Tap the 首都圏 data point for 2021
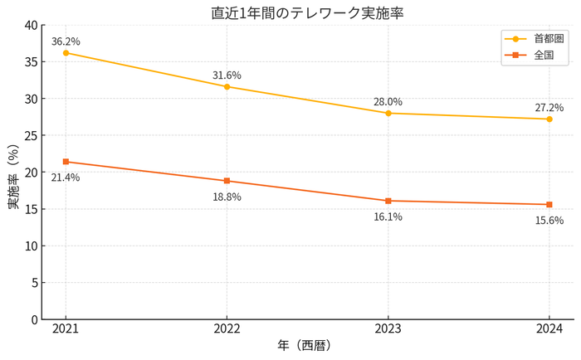(x=66, y=53)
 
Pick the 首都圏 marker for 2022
(x=227, y=86)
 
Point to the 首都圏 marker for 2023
(x=388, y=113)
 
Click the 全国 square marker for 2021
(x=66, y=162)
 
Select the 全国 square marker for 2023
(x=388, y=201)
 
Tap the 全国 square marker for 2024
(x=549, y=204)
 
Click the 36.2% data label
(x=66, y=41)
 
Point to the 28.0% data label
(x=388, y=102)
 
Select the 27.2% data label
(x=549, y=108)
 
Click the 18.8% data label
(x=227, y=197)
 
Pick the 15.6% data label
(x=549, y=221)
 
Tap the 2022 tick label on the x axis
(x=227, y=329)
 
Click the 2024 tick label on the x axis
(x=549, y=329)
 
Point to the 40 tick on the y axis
(x=31, y=26)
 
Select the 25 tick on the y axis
(x=31, y=136)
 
